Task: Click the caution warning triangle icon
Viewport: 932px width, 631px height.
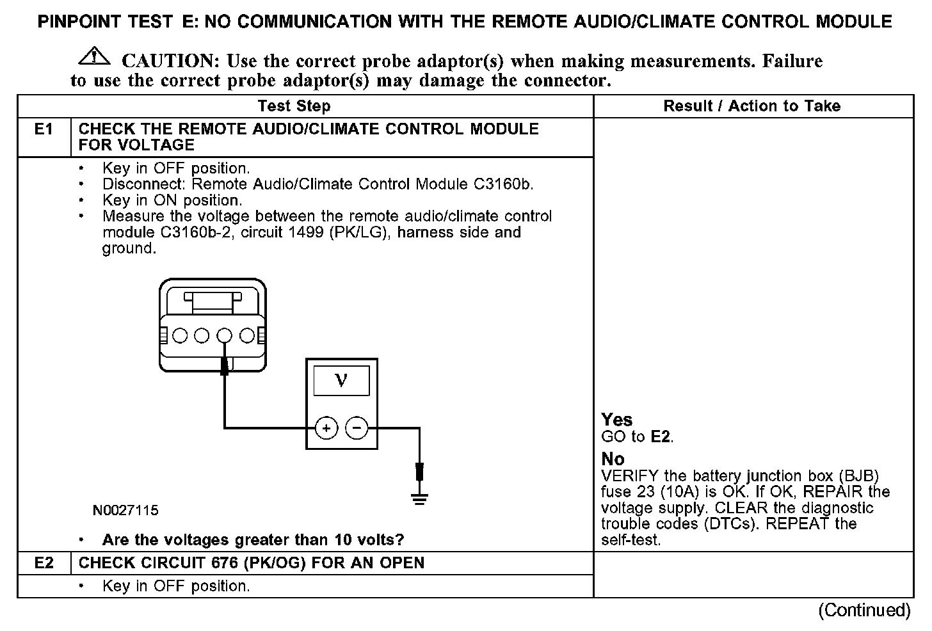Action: coord(93,56)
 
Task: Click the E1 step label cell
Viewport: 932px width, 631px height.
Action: coord(44,130)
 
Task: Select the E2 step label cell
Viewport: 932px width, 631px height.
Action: coord(44,563)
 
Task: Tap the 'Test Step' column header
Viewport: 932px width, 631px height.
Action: coord(294,106)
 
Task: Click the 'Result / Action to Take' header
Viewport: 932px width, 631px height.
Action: coord(751,106)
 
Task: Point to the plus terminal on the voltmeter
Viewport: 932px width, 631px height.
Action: coord(326,428)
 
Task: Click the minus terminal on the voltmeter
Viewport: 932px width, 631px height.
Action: coord(357,428)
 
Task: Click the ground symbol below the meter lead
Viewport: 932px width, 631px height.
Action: coord(419,499)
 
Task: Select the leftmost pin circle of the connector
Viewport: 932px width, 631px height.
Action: coord(180,335)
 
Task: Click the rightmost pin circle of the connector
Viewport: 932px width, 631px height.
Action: coord(246,335)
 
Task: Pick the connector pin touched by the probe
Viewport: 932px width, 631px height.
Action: coord(224,335)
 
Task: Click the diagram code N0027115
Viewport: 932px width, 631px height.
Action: coord(125,511)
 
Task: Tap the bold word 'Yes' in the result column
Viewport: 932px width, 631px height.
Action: coord(616,420)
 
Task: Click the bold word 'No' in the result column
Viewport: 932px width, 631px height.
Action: coord(613,459)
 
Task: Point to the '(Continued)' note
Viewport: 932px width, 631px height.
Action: coord(864,610)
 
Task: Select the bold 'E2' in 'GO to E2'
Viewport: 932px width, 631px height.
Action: coord(661,437)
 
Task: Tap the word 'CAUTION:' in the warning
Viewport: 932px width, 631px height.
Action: coord(171,61)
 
